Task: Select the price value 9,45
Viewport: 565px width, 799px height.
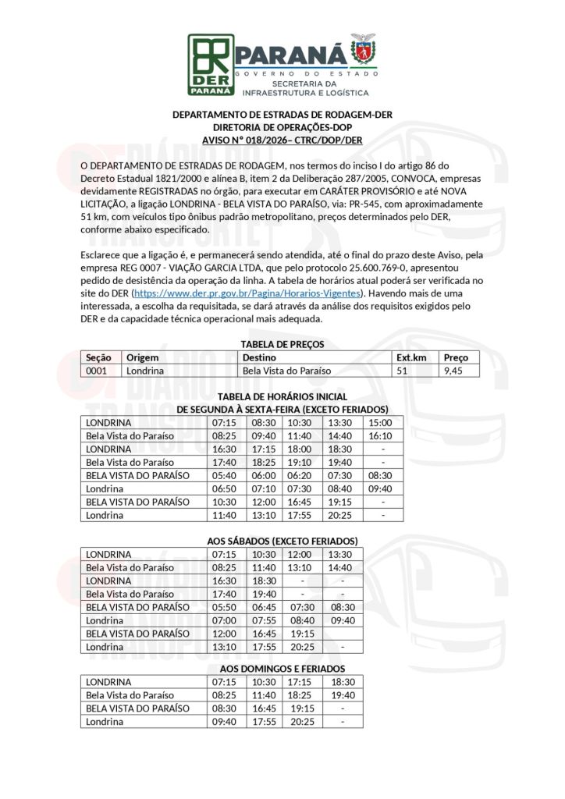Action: tap(453, 371)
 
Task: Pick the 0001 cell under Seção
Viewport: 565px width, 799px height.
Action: tap(96, 371)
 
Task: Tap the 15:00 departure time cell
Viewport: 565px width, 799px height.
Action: tap(383, 422)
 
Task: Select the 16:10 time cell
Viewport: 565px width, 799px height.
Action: tap(383, 435)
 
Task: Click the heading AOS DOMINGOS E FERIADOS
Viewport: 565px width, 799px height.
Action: tap(282, 669)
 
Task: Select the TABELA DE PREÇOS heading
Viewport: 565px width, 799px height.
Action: tap(282, 344)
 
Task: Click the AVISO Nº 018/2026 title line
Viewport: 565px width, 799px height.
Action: tap(282, 140)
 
